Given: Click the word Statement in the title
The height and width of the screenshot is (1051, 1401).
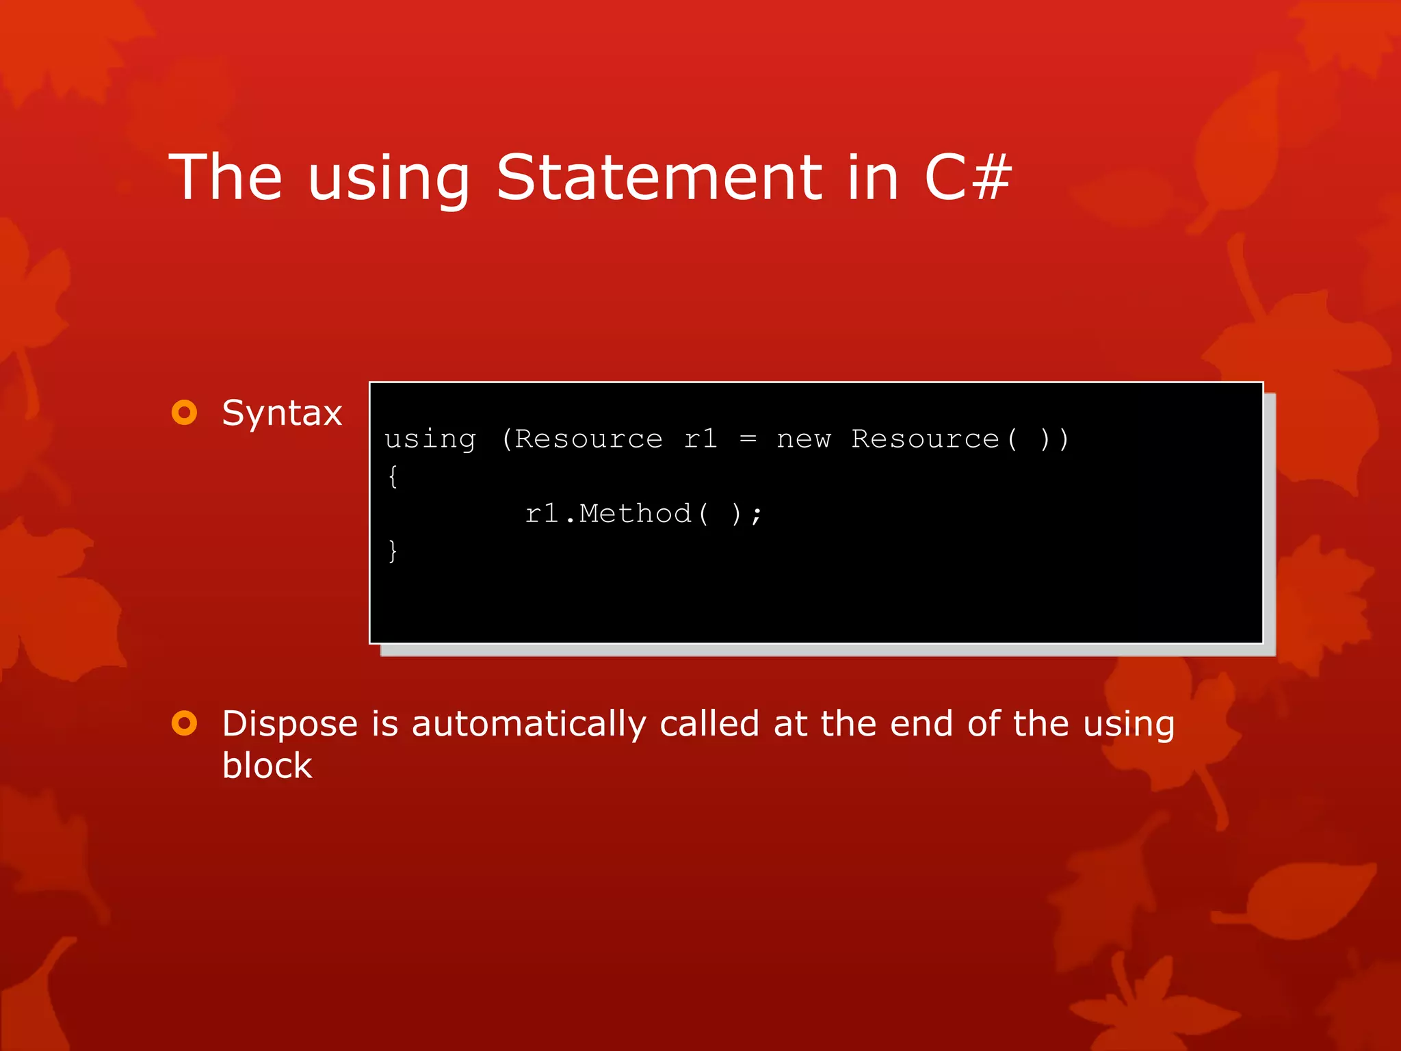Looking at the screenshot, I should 659,177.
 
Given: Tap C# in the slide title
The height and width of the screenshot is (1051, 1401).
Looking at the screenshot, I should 967,177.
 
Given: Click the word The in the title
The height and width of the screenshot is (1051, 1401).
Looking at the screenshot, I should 225,177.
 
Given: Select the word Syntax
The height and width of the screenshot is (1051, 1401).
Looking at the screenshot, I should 282,413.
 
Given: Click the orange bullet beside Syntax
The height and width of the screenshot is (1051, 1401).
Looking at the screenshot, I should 184,412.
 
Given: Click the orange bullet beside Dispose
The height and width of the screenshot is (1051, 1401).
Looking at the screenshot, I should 184,723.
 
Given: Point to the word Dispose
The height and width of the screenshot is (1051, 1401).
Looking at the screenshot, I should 290,724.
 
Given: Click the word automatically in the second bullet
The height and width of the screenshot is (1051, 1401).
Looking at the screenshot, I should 528,724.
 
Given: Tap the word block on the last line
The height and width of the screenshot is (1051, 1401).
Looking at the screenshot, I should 267,765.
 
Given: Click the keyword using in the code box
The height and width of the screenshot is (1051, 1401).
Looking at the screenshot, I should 430,439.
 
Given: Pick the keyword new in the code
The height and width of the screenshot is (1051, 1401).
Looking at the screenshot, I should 803,439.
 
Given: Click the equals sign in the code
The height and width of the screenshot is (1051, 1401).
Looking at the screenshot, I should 748,439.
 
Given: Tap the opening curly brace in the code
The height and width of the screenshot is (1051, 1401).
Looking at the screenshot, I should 393,476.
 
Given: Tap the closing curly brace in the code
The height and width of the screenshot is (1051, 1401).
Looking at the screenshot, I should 393,550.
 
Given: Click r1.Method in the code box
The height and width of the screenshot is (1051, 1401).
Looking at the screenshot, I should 608,513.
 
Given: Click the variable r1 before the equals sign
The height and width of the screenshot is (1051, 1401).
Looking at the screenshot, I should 700,439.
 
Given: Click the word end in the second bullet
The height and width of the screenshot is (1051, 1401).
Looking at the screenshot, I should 921,724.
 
